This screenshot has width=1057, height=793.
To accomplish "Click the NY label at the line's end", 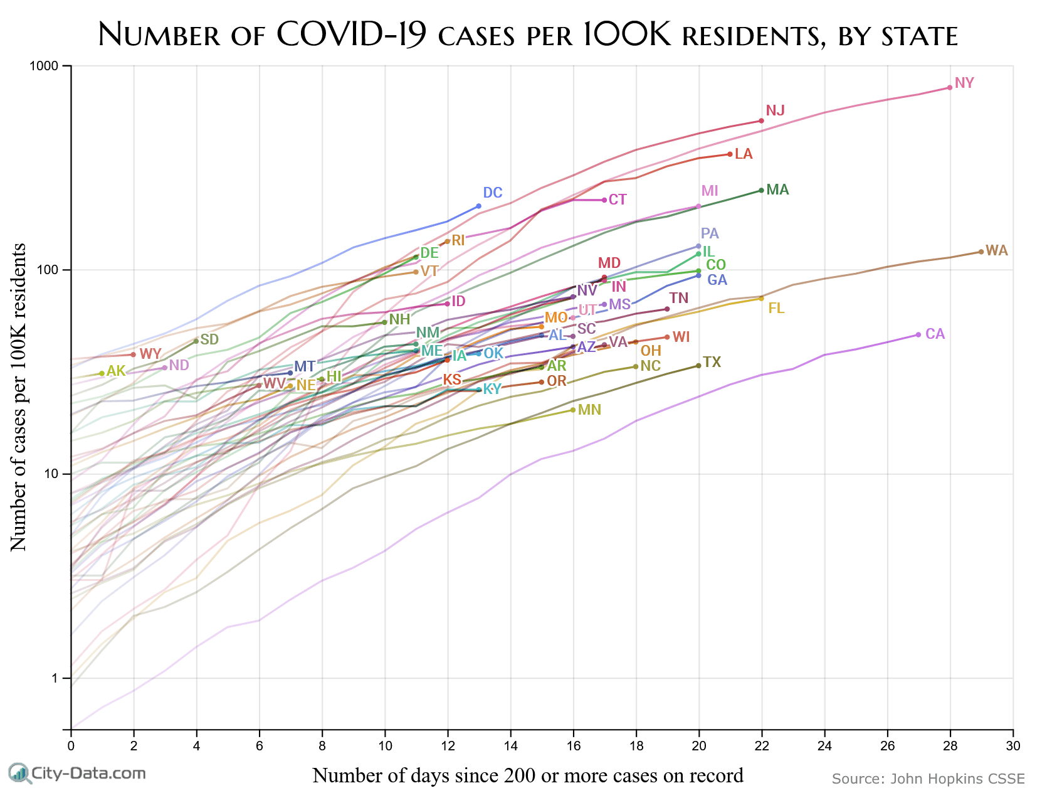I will pyautogui.click(x=964, y=83).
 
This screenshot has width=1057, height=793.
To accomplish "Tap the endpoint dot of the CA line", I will pyautogui.click(x=918, y=335).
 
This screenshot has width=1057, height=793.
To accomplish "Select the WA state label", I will pyautogui.click(x=996, y=251).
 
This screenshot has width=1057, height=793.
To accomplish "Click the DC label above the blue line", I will pyautogui.click(x=493, y=193).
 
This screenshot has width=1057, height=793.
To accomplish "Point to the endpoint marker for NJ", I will pyautogui.click(x=761, y=120).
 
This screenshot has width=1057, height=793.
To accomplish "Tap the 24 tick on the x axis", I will pyautogui.click(x=824, y=745).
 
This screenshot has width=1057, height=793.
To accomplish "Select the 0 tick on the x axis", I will pyautogui.click(x=71, y=745).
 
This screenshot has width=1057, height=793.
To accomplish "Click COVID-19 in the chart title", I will pyautogui.click(x=351, y=35).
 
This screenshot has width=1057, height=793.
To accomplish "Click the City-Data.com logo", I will pyautogui.click(x=76, y=773).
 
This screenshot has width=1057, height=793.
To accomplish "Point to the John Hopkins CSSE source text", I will pyautogui.click(x=928, y=779).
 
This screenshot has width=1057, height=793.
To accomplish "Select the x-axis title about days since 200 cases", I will pyautogui.click(x=528, y=775).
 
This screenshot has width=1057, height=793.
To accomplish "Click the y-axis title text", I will pyautogui.click(x=19, y=397).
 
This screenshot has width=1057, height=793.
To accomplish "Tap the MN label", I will pyautogui.click(x=589, y=410).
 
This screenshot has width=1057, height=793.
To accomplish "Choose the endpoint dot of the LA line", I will pyautogui.click(x=730, y=154).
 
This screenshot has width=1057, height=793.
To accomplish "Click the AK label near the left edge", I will pyautogui.click(x=116, y=371).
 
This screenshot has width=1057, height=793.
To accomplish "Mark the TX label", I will pyautogui.click(x=712, y=362).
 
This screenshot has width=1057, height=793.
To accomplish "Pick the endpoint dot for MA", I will pyautogui.click(x=761, y=190).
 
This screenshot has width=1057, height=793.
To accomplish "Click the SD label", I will pyautogui.click(x=209, y=339).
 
